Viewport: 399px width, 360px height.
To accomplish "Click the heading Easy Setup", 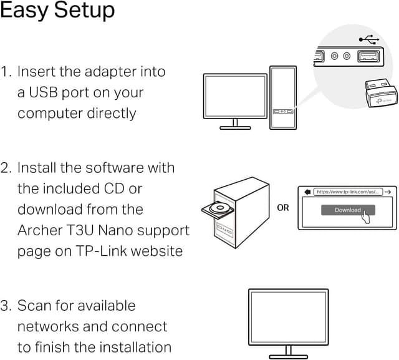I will click(57, 11).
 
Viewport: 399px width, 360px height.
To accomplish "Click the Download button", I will click(347, 210).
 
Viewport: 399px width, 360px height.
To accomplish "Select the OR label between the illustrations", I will click(283, 207).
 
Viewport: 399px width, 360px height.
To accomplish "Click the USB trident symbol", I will click(369, 39).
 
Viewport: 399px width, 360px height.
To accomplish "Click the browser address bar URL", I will click(347, 192).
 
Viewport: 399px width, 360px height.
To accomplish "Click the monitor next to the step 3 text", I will click(288, 317).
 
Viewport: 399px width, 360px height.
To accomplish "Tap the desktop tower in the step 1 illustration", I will click(282, 97).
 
